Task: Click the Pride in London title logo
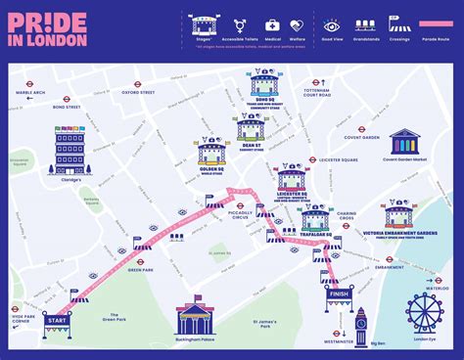[x=50, y=28]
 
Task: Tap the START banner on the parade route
[x=57, y=320]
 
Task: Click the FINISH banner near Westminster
[x=340, y=293]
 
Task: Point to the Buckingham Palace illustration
[x=198, y=318]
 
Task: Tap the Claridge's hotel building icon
[x=70, y=151]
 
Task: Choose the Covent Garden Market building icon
[x=404, y=144]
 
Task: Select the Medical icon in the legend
[x=272, y=26]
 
